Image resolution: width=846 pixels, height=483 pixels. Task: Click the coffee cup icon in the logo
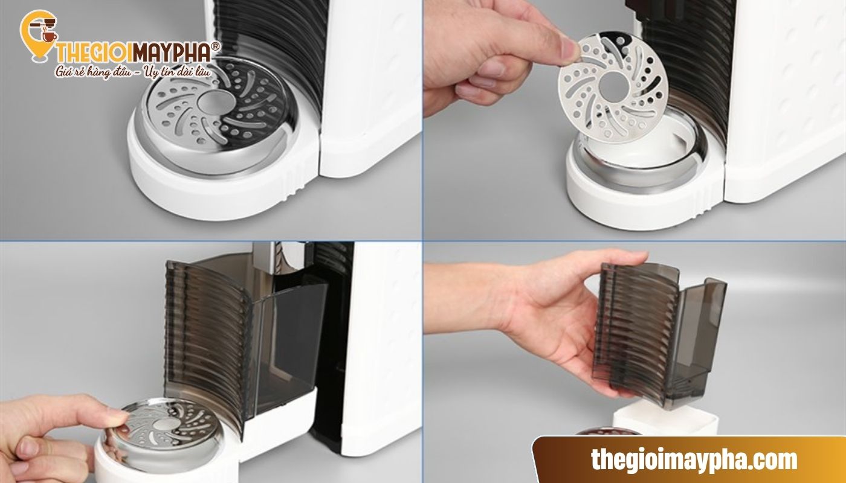tap(50, 36)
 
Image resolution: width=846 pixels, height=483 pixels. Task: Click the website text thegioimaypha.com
tap(694, 459)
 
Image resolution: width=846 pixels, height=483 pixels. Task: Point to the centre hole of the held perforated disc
tap(613, 86)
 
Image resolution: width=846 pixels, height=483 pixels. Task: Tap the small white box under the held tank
tap(665, 420)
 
